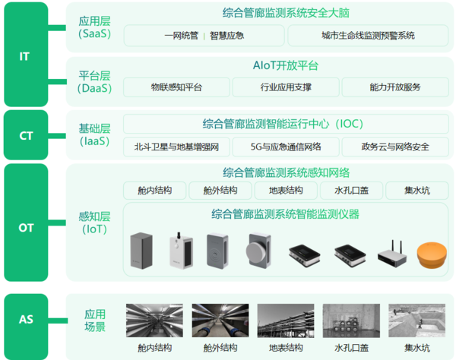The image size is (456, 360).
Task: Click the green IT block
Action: click(26, 55)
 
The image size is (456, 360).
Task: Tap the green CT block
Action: click(26, 135)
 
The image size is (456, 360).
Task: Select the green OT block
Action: click(26, 223)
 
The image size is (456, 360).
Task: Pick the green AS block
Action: click(26, 327)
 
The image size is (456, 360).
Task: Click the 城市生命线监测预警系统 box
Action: click(368, 36)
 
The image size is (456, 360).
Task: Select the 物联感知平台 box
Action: click(176, 87)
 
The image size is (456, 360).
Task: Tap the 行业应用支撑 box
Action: click(286, 87)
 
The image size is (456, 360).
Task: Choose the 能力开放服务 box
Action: click(395, 87)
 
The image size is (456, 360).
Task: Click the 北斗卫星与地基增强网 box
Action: click(176, 147)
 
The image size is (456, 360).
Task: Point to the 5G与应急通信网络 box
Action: click(286, 147)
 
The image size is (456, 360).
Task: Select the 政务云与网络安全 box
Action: click(395, 147)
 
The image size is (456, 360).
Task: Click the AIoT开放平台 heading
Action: click(286, 65)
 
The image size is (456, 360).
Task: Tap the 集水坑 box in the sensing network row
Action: click(417, 191)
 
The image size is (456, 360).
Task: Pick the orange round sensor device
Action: click(432, 255)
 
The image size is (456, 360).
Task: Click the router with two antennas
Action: click(392, 254)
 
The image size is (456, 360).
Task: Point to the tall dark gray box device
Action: click(141, 251)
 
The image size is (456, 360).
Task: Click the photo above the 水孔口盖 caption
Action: click(351, 321)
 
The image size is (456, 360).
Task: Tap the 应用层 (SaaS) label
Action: click(94, 27)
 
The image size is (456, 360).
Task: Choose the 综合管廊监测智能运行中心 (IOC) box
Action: click(286, 124)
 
